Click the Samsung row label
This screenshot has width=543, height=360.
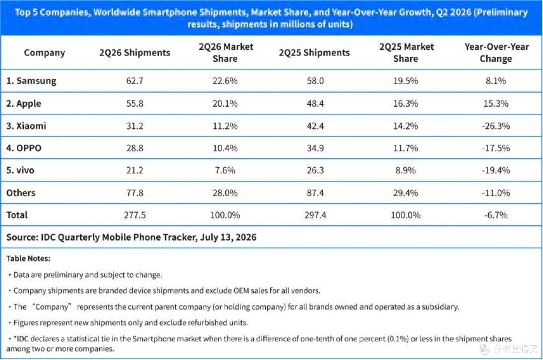click(x=31, y=81)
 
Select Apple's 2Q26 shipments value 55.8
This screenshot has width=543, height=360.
click(x=135, y=103)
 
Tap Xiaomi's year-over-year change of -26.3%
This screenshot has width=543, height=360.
click(x=496, y=126)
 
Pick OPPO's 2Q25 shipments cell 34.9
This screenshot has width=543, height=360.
click(x=315, y=148)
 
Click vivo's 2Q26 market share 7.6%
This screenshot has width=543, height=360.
click(x=225, y=170)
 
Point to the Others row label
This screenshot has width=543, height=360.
click(x=21, y=193)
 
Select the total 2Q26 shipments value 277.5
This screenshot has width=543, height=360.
click(x=135, y=215)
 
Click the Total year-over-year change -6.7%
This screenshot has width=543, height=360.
click(x=496, y=215)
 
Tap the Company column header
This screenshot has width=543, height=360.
click(x=44, y=53)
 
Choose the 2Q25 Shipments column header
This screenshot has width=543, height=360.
click(x=314, y=53)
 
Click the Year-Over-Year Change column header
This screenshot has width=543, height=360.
click(x=496, y=53)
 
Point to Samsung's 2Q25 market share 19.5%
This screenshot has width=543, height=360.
click(x=406, y=81)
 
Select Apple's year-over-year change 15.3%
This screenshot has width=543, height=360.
click(x=496, y=103)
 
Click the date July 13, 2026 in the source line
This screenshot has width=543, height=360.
click(x=228, y=237)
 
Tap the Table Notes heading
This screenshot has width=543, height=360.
click(x=28, y=258)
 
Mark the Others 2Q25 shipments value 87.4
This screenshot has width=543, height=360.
click(x=315, y=193)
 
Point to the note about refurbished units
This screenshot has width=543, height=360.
click(x=128, y=323)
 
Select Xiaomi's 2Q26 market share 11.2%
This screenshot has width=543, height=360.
click(x=225, y=126)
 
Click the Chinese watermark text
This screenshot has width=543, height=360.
click(x=515, y=349)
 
